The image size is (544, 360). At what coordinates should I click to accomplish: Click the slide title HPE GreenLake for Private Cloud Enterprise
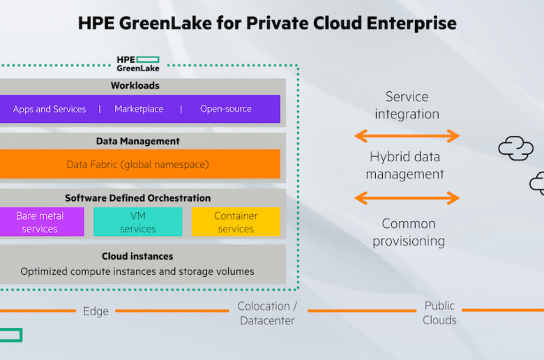[267, 24]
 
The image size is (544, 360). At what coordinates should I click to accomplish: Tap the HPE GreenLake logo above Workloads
[138, 64]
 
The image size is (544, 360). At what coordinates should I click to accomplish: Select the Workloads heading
[135, 85]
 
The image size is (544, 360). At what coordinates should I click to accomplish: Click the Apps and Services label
[50, 109]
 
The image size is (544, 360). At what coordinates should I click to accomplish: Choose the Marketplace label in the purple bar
[139, 109]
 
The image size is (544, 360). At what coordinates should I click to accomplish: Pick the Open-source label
[226, 109]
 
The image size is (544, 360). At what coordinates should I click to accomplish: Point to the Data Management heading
[137, 141]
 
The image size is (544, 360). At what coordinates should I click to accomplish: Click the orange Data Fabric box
[139, 164]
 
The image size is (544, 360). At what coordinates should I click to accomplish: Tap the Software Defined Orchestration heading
[137, 198]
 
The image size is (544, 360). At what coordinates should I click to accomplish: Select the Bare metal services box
[42, 222]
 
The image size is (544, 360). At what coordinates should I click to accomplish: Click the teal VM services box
[137, 222]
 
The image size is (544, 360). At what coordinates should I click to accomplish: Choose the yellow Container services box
[236, 222]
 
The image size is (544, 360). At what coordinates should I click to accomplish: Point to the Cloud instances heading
[137, 256]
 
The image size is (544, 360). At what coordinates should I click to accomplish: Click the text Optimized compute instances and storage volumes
[137, 271]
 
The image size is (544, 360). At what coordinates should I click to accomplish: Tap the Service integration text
[407, 105]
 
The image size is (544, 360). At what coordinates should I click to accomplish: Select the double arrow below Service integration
[407, 136]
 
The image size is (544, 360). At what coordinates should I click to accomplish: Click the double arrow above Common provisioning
[407, 198]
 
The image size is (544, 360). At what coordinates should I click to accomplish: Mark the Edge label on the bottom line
[96, 311]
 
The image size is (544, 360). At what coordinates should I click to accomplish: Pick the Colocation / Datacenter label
[267, 313]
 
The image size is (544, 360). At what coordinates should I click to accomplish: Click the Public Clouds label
[439, 313]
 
